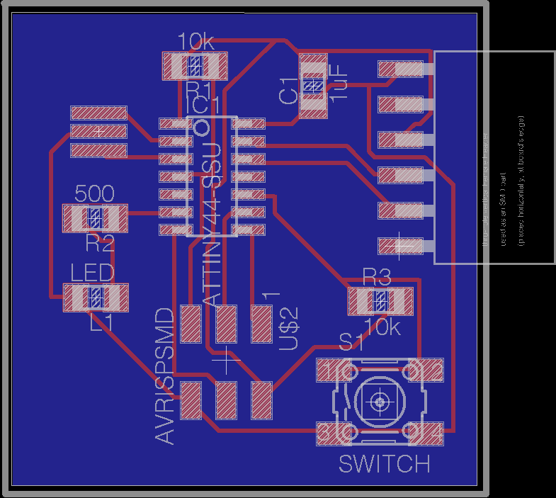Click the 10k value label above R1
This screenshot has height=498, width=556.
(x=196, y=42)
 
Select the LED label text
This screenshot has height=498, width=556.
(x=92, y=273)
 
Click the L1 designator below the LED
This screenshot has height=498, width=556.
(x=101, y=322)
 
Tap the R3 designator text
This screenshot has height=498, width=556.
(x=376, y=276)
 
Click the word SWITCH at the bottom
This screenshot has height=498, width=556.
(x=384, y=464)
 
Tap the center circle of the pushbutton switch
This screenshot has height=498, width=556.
(x=380, y=402)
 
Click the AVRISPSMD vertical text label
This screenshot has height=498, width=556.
(x=164, y=376)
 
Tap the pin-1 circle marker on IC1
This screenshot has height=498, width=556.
(x=201, y=128)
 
